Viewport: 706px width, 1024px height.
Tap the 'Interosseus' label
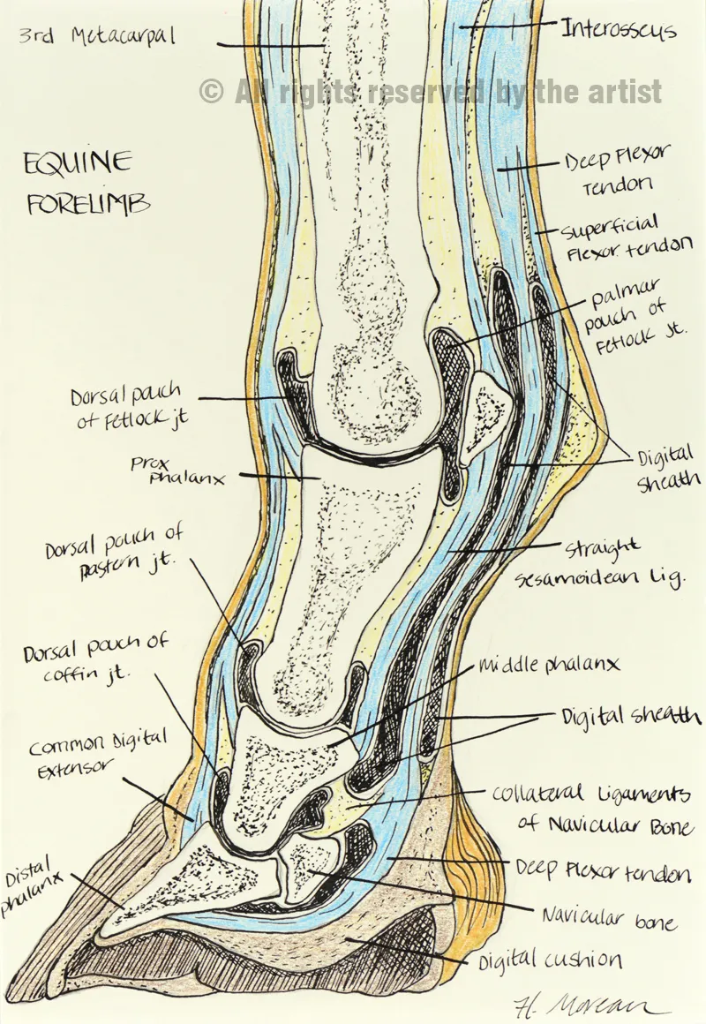click(x=619, y=30)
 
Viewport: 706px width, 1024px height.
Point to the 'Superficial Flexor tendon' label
click(x=626, y=239)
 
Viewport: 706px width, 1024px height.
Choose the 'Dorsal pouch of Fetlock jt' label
click(x=128, y=409)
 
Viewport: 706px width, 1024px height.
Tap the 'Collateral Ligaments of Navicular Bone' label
click(x=590, y=808)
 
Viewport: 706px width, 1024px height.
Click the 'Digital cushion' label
click(x=550, y=960)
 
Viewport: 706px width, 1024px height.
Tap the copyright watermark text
click(x=431, y=91)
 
